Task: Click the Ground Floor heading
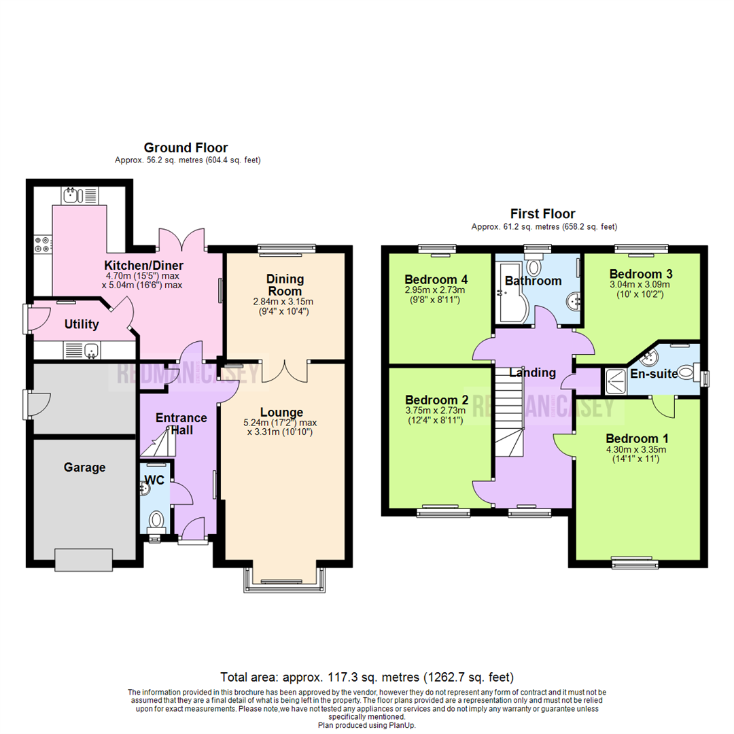click(x=186, y=147)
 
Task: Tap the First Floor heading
click(x=544, y=214)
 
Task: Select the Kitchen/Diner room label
click(x=144, y=265)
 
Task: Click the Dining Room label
click(x=285, y=285)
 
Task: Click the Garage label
click(x=85, y=468)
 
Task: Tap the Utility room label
click(x=82, y=325)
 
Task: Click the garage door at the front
click(x=84, y=560)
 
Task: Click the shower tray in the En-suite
click(x=615, y=381)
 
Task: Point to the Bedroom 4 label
click(x=436, y=279)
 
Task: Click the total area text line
click(x=367, y=678)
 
